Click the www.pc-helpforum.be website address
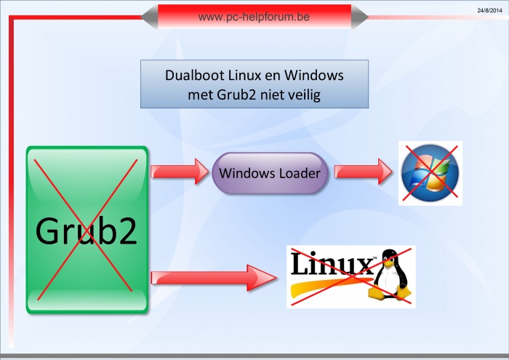(x=254, y=15)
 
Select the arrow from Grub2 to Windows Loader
(x=179, y=173)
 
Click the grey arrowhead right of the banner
(x=360, y=16)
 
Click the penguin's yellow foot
(x=377, y=292)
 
